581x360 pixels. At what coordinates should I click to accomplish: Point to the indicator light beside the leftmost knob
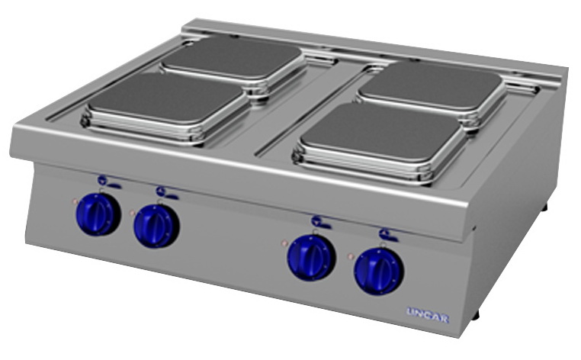pos(75,201)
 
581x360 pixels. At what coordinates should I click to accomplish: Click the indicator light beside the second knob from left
pos(132,214)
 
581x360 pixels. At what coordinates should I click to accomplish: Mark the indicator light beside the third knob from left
pos(284,243)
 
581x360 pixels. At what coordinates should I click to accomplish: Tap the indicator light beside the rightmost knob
pos(351,256)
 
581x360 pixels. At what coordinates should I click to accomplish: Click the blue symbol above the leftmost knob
pos(108,182)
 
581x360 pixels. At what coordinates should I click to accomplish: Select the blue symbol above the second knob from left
pos(167,193)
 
